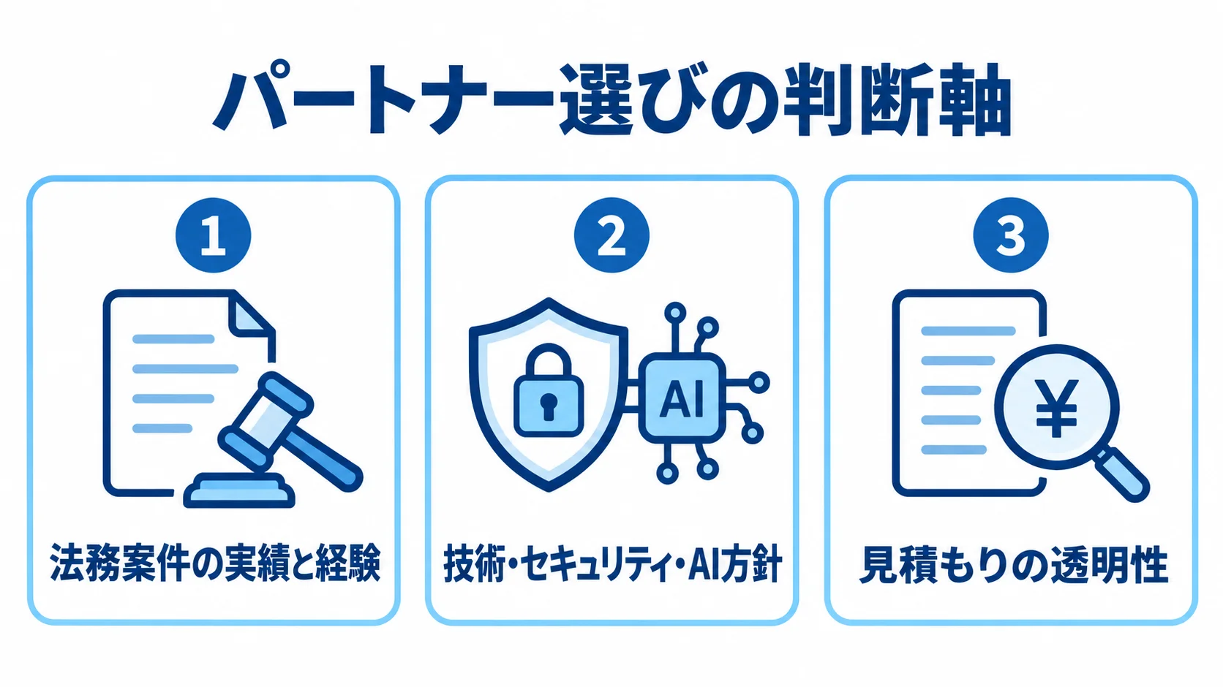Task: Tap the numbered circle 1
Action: tap(214, 235)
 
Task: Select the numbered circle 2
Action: tap(611, 235)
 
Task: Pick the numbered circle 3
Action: tap(1011, 235)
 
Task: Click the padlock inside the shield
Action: tap(549, 390)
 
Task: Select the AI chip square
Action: tap(682, 398)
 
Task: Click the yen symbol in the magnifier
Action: tap(1056, 408)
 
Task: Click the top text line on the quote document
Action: tap(968, 330)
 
